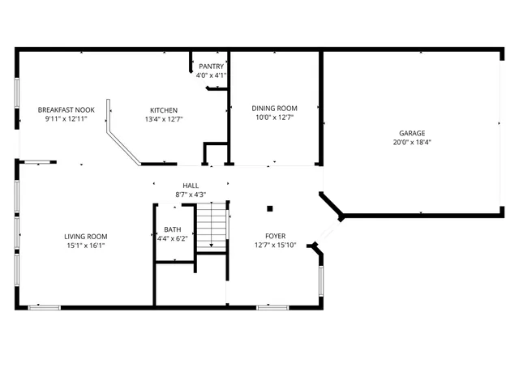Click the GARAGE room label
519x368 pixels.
coord(411,133)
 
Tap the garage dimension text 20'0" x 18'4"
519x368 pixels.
coord(411,143)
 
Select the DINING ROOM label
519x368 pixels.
coord(274,109)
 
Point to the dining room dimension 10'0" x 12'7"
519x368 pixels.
coord(274,118)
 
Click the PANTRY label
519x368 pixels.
coord(211,66)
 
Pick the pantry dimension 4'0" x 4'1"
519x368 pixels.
coord(211,75)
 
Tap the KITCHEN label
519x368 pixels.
coord(164,110)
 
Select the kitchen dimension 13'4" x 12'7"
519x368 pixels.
coord(164,119)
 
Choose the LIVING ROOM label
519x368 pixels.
coord(86,237)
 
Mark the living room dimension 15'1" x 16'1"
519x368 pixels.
coord(86,246)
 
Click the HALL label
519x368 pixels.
coord(191,186)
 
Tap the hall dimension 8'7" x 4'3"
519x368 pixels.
coord(191,195)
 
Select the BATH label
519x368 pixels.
coord(172,229)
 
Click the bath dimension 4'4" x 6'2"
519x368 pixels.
coord(172,238)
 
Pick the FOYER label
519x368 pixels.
coord(276,237)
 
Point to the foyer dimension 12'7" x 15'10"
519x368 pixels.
coord(276,246)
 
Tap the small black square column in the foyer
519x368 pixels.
coord(270,208)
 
